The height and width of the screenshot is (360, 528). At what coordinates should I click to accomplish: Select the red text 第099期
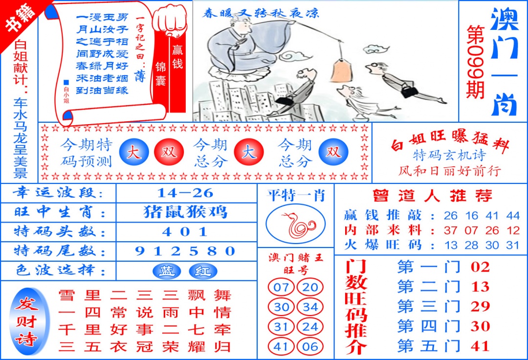[x=475, y=61]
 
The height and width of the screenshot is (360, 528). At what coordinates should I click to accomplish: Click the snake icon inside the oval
[x=296, y=225]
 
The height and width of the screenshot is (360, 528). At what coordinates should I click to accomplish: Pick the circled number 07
[x=281, y=288]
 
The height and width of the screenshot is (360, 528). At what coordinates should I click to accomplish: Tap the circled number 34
[x=310, y=308]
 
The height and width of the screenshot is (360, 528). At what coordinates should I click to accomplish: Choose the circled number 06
[x=310, y=347]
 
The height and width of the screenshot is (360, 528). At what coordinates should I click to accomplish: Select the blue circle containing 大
[x=134, y=152]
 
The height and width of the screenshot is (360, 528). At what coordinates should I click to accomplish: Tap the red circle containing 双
[x=169, y=152]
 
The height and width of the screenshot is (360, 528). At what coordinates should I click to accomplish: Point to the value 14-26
[x=186, y=193]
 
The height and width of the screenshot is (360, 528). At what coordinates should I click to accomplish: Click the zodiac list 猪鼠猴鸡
[x=186, y=212]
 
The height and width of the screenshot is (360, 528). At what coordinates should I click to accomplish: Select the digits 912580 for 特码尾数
[x=186, y=251]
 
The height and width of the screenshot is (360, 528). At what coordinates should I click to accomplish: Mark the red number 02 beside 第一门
[x=480, y=267]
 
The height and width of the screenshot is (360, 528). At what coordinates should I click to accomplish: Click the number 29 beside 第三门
[x=480, y=307]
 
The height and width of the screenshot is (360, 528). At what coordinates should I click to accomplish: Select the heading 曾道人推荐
[x=432, y=196]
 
